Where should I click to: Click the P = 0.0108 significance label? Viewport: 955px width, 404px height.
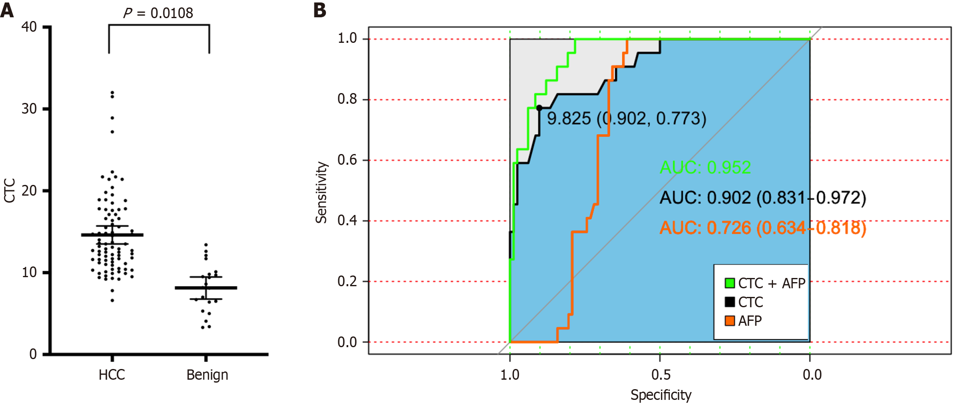click(158, 13)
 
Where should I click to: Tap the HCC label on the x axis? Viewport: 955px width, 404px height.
click(112, 375)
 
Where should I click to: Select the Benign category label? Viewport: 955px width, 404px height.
click(207, 375)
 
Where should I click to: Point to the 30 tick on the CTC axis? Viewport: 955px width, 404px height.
click(29, 109)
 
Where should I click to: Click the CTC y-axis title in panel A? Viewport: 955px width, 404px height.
click(9, 190)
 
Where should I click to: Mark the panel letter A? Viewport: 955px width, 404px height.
click(7, 10)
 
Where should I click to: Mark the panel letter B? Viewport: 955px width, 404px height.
click(320, 10)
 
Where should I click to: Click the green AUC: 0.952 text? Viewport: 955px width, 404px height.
click(705, 167)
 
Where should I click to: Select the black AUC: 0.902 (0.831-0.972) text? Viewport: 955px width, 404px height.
click(762, 198)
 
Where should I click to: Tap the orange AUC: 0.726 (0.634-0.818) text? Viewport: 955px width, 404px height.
click(762, 228)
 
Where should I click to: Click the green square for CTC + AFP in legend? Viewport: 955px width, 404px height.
click(730, 283)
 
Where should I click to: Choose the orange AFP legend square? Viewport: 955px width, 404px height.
click(730, 321)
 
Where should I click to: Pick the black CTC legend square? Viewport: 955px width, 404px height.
click(730, 302)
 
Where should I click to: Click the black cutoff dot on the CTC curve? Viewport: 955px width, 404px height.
click(539, 108)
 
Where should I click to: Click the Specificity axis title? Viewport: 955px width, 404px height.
click(661, 395)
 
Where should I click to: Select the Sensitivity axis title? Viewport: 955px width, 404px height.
click(321, 192)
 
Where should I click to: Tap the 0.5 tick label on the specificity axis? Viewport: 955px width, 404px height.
click(661, 375)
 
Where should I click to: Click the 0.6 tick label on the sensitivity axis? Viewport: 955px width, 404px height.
click(347, 160)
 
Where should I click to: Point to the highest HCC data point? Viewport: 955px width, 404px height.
click(112, 93)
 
